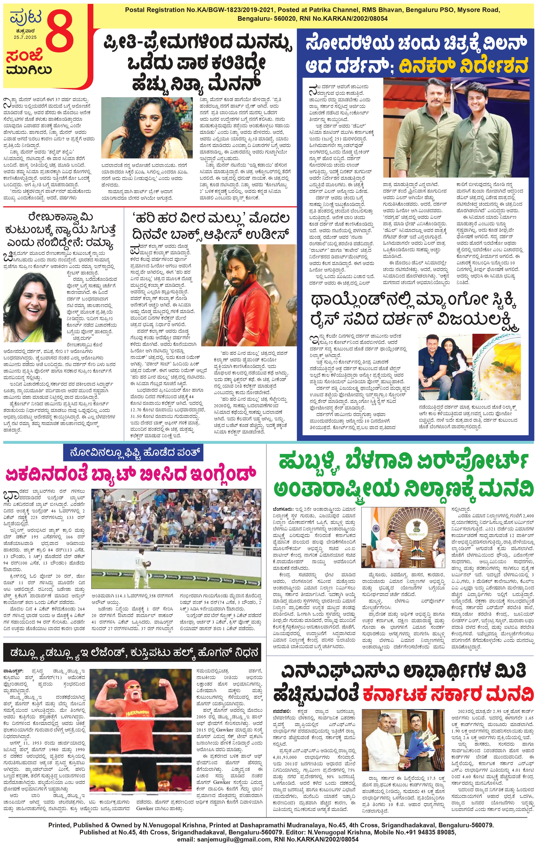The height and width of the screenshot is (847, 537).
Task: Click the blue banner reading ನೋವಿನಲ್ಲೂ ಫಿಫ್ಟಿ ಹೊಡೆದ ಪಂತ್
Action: [x=133, y=452]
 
